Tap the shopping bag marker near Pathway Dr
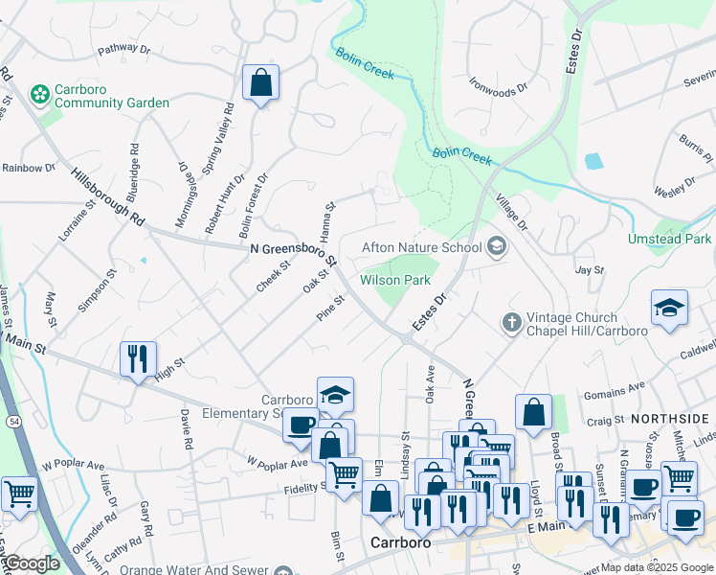click(260, 84)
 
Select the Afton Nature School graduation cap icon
click(496, 247)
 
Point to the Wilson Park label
click(394, 280)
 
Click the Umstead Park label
click(669, 239)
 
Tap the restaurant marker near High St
click(138, 359)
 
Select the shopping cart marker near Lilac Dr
click(19, 494)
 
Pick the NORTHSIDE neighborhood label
click(669, 419)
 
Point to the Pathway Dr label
click(123, 48)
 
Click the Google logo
click(32, 563)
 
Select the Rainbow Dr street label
click(28, 168)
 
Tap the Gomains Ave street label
click(616, 389)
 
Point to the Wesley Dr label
click(675, 190)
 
